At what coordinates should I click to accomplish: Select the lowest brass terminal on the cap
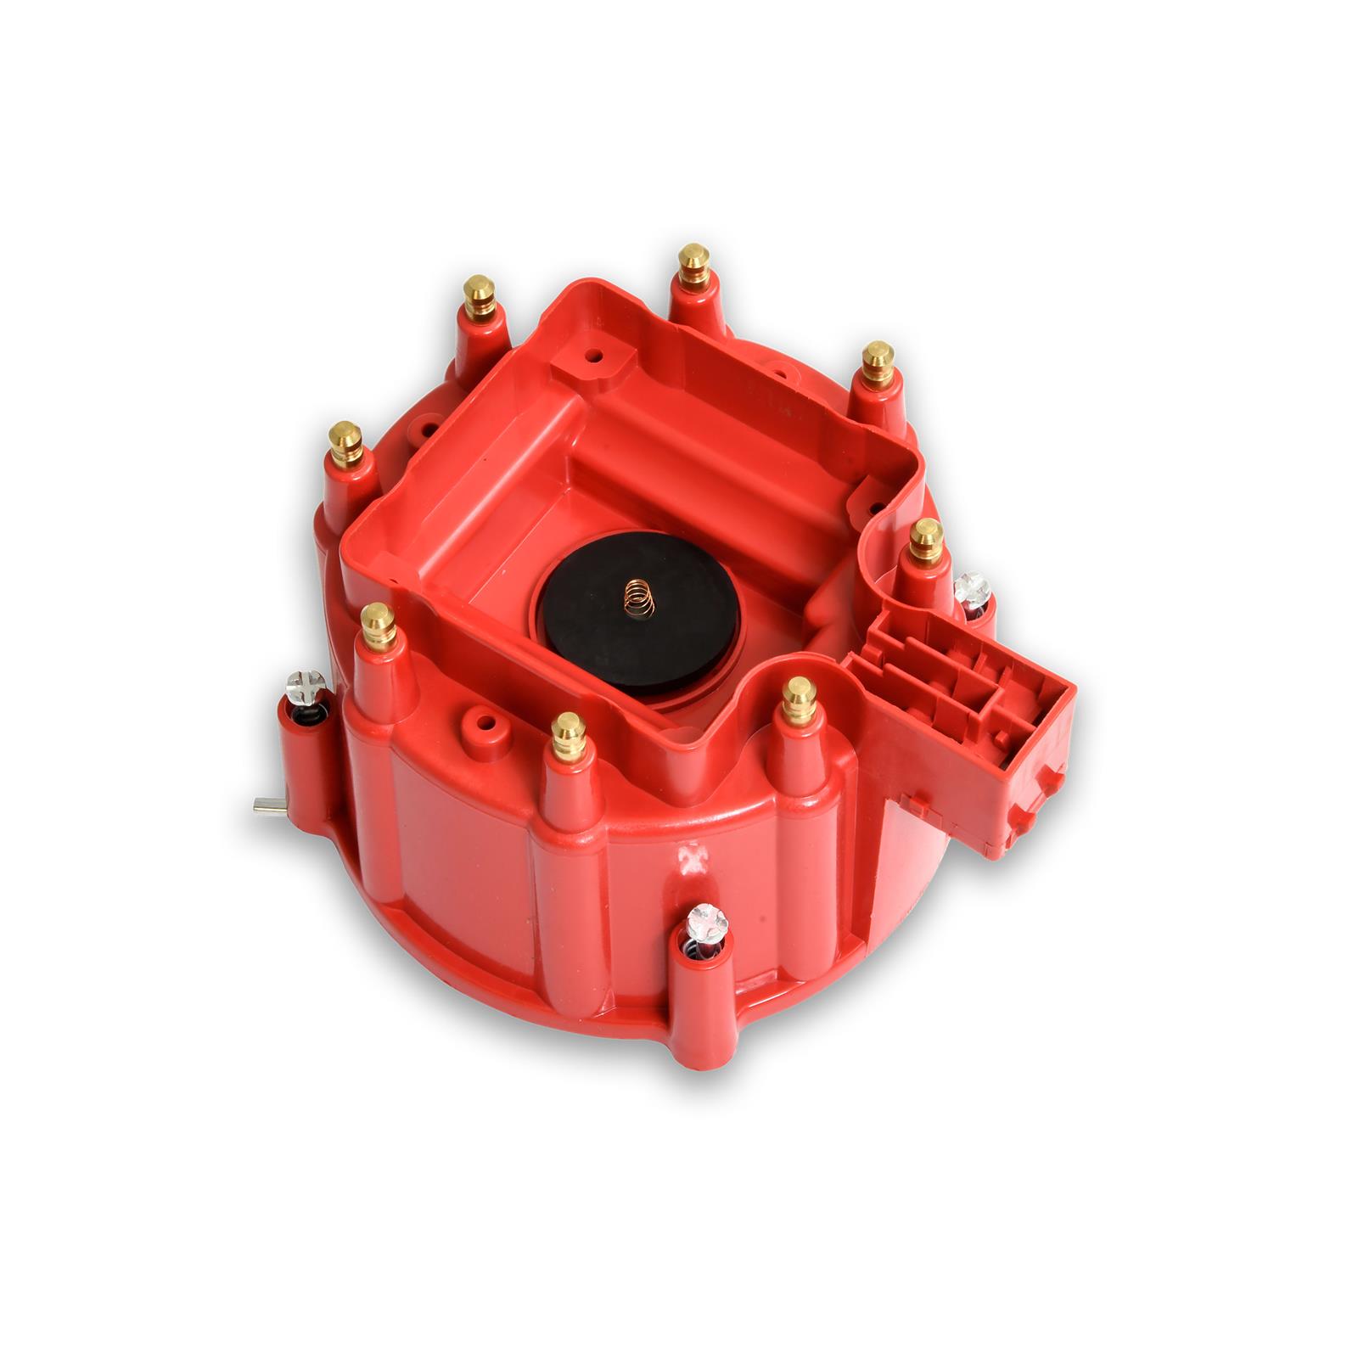[568, 736]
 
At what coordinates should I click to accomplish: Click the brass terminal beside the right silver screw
[925, 540]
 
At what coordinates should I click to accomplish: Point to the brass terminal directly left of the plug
[799, 699]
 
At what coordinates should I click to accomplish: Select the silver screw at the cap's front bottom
[704, 916]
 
